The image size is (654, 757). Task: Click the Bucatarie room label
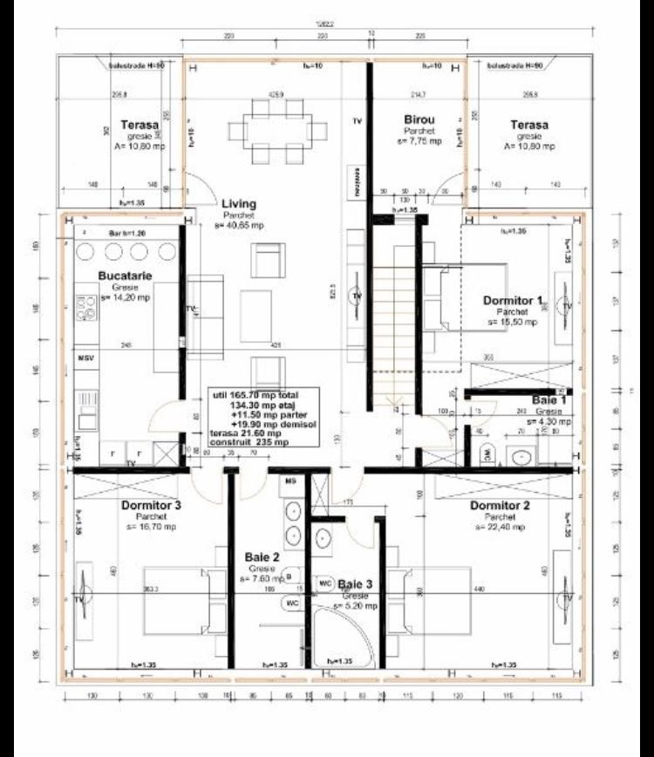coord(126,276)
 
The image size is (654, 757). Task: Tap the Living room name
coord(238,203)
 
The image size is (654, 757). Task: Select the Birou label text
coord(420,119)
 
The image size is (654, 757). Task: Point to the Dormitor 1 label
coord(513,300)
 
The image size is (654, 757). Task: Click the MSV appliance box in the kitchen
coord(85,358)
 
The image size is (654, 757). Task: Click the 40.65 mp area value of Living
coord(238,225)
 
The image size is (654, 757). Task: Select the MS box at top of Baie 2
coord(293,481)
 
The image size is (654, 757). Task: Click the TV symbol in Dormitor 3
coord(84,600)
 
